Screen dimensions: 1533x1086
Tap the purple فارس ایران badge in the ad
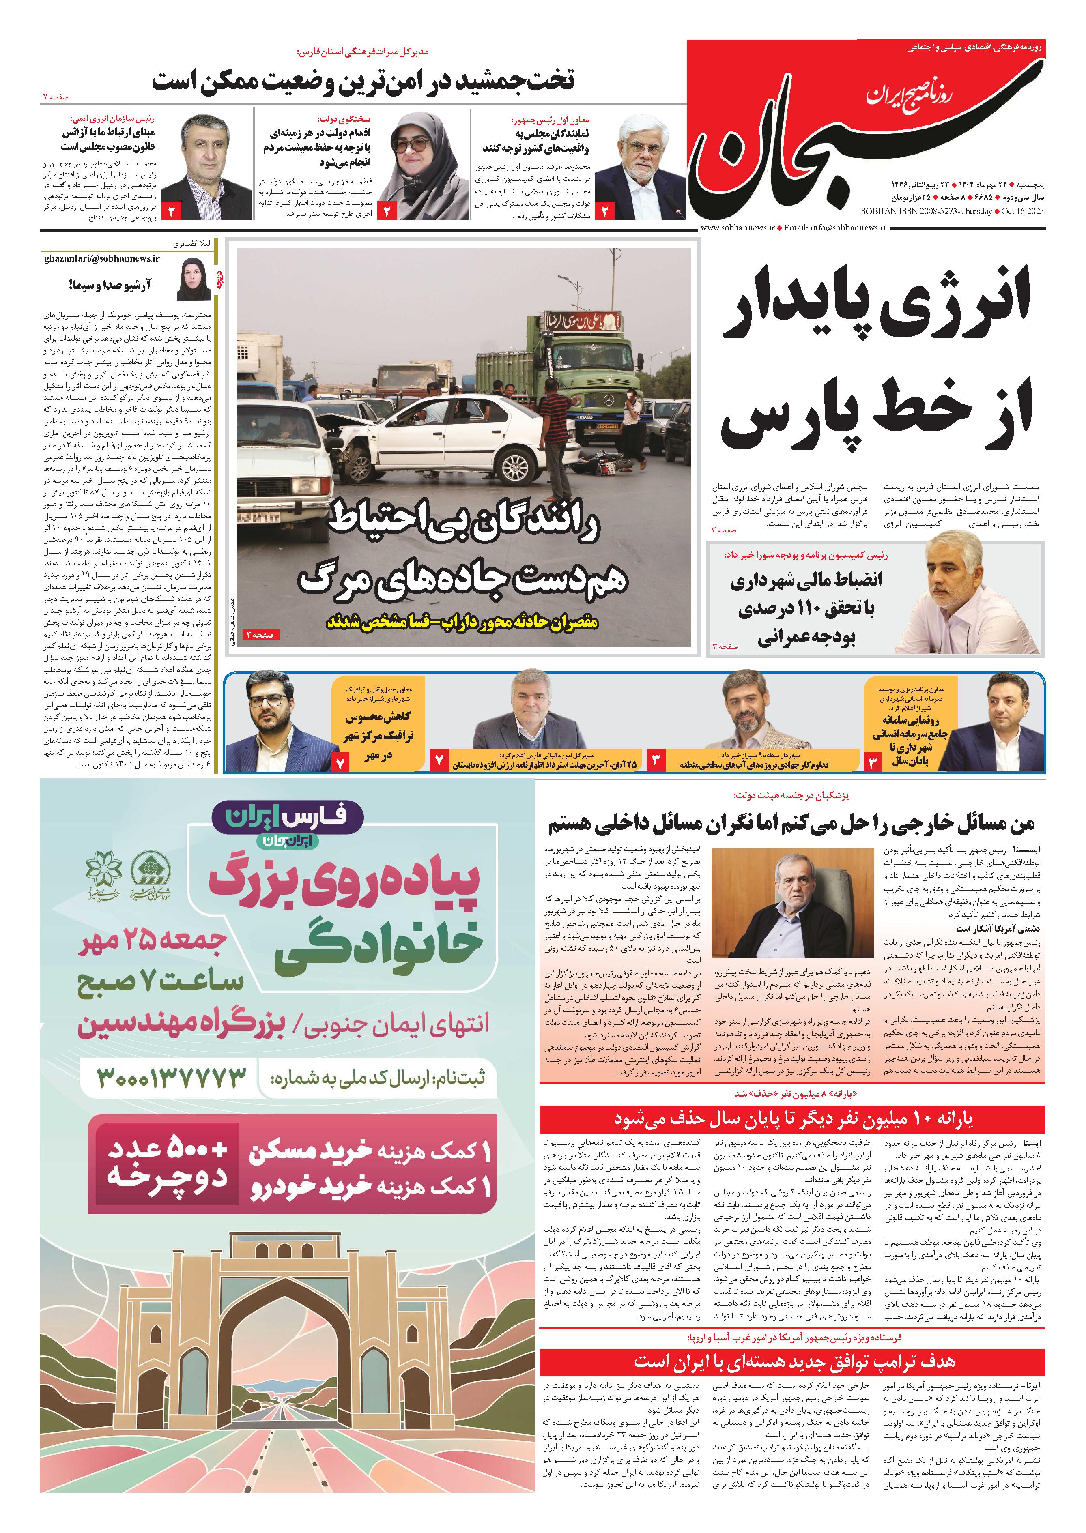(x=288, y=817)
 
